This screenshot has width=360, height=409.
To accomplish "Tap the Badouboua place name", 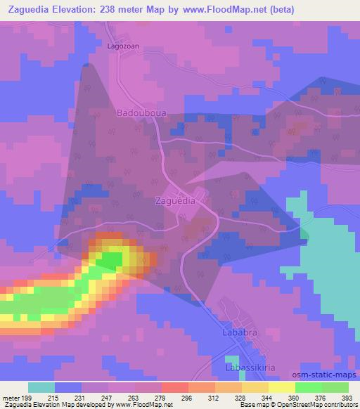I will point(139,112).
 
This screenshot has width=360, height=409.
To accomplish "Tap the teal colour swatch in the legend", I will point(41,387).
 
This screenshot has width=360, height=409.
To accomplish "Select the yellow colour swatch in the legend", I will point(281,387).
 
